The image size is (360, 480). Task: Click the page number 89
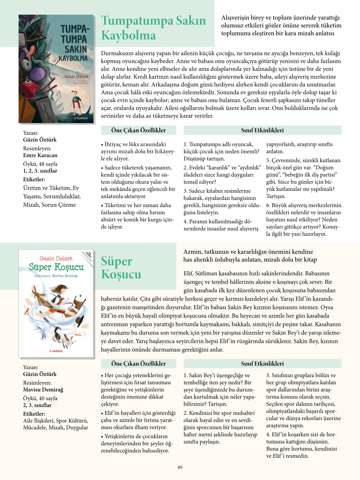click(180, 467)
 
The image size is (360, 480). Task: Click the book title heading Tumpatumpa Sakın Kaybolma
click(153, 28)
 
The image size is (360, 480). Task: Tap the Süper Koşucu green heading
click(121, 268)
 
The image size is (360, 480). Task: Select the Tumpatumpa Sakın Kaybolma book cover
click(56, 69)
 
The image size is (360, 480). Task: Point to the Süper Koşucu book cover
click(56, 304)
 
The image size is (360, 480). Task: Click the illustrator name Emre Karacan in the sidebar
click(40, 155)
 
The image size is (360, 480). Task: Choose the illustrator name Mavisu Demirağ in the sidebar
click(43, 390)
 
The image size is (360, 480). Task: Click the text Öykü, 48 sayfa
click(40, 164)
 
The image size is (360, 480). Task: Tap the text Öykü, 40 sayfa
click(40, 398)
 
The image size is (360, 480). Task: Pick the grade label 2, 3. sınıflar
click(37, 405)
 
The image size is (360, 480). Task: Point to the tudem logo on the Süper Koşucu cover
click(56, 351)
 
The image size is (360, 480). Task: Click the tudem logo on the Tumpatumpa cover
click(81, 118)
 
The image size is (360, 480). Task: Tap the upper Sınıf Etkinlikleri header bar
click(262, 130)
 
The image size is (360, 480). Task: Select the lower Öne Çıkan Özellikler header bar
click(138, 364)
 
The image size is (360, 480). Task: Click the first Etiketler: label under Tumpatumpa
click(34, 179)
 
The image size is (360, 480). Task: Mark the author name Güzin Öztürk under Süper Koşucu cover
click(40, 374)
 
